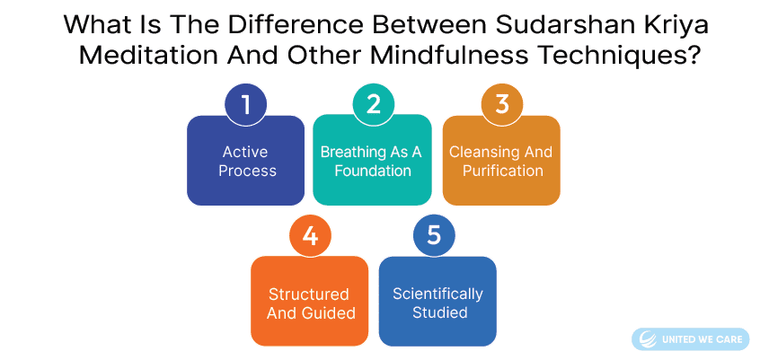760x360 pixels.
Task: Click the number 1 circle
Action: (x=246, y=104)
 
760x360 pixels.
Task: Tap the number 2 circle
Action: (x=373, y=104)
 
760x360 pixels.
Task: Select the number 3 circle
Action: (x=501, y=104)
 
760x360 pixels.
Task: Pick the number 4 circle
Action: (x=310, y=236)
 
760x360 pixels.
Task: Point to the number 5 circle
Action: (x=434, y=236)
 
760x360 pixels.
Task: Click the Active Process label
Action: (x=246, y=162)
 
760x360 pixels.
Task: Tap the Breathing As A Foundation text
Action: (x=372, y=162)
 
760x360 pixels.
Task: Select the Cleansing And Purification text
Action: (x=501, y=162)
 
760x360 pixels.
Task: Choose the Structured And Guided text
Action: (x=309, y=303)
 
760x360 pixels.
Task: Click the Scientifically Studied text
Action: (x=438, y=303)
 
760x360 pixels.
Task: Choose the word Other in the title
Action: (x=323, y=57)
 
